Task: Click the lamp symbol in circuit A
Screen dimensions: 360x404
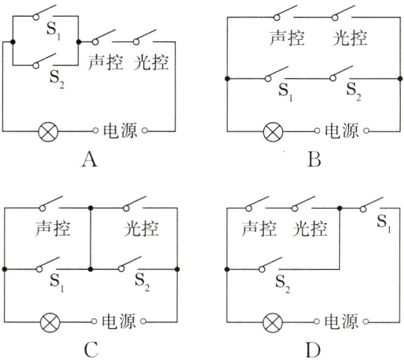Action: pyautogui.click(x=48, y=130)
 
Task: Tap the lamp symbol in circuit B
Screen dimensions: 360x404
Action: pyautogui.click(x=272, y=130)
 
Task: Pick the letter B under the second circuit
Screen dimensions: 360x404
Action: pyautogui.click(x=314, y=160)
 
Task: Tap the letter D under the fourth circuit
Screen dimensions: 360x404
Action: pyautogui.click(x=314, y=350)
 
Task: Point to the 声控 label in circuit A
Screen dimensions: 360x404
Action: pyautogui.click(x=106, y=62)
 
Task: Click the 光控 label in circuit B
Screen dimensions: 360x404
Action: pyautogui.click(x=350, y=37)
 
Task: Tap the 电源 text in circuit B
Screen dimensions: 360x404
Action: pyautogui.click(x=341, y=130)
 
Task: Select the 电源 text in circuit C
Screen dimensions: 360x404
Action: pyautogui.click(x=118, y=321)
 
